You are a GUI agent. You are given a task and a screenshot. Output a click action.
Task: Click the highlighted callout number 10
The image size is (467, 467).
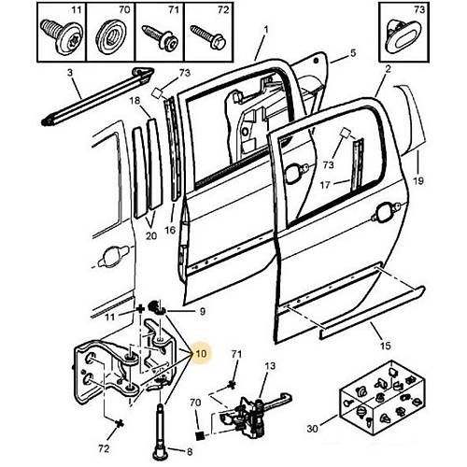(201, 354)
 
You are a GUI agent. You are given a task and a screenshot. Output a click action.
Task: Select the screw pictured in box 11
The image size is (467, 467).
(61, 36)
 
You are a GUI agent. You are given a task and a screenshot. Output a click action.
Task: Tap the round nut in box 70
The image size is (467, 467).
(111, 36)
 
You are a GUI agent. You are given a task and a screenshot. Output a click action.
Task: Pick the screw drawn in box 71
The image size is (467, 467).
(161, 37)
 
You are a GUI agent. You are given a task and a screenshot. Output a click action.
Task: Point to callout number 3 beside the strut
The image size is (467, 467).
(70, 73)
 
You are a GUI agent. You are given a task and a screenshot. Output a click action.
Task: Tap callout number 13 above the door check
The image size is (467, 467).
(270, 365)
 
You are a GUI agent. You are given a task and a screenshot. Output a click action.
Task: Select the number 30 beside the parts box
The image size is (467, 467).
(313, 429)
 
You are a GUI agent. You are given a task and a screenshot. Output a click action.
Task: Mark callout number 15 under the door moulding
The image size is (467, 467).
(386, 346)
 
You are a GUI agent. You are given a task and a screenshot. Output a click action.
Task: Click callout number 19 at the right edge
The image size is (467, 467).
(417, 180)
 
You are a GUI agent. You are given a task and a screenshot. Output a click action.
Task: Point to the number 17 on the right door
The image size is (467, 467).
(325, 186)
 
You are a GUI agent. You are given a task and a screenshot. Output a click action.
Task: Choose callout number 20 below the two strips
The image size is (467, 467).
(151, 236)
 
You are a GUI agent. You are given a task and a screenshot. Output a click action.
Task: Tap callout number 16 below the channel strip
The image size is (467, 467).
(170, 230)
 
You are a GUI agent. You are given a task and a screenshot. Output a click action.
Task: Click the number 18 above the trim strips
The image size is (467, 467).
(134, 101)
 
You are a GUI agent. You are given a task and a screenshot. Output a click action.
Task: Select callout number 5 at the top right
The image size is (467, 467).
(353, 53)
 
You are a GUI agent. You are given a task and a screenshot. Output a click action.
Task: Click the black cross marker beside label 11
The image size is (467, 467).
(140, 309)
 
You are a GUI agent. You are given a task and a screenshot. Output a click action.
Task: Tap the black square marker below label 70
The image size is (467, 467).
(199, 436)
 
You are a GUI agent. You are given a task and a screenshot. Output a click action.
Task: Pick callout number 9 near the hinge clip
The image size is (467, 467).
(202, 311)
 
